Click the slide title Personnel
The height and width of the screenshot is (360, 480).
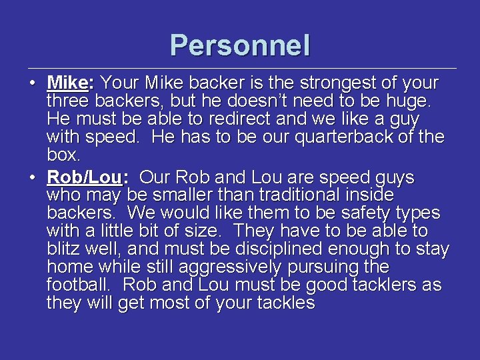[x=240, y=45]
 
